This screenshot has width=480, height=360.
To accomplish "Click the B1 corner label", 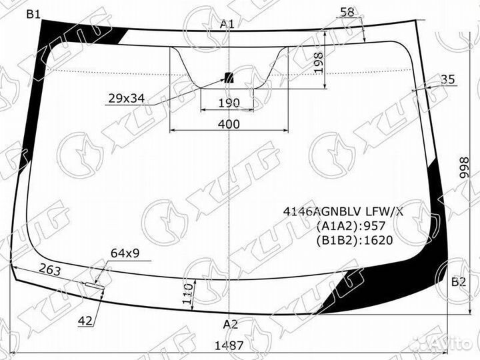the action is [x=33, y=14].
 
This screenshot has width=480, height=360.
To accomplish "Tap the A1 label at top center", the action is [x=227, y=24].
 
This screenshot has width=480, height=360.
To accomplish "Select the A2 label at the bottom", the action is [x=230, y=324].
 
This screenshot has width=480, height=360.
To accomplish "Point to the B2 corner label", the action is [x=459, y=281].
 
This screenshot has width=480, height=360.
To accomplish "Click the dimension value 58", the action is [x=347, y=12].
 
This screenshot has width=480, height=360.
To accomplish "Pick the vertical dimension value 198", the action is [x=319, y=63].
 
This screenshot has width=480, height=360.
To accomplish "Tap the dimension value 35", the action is [x=447, y=79].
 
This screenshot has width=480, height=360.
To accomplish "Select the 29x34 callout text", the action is [x=127, y=98].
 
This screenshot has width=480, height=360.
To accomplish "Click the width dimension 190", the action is [x=229, y=103].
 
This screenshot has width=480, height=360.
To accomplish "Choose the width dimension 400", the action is [x=229, y=124].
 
